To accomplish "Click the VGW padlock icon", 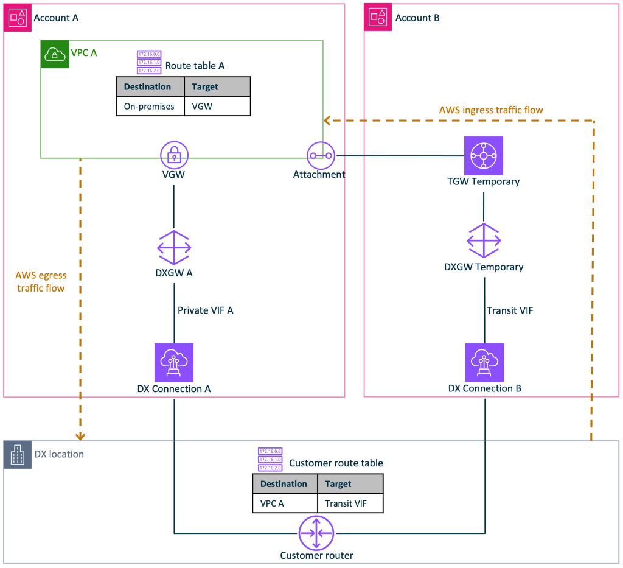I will (x=174, y=155).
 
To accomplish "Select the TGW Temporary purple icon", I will (x=484, y=156).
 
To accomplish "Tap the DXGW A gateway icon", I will (x=174, y=247).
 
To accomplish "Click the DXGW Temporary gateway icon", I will (x=484, y=240).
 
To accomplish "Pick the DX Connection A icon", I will (x=174, y=362).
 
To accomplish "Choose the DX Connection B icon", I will (x=484, y=362).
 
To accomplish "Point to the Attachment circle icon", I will (x=321, y=156).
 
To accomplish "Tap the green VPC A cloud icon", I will (x=55, y=55).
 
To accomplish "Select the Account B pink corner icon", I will (x=378, y=18).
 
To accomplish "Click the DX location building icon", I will (x=18, y=455).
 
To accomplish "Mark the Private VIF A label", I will (x=205, y=310).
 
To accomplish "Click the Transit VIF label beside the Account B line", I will (x=510, y=310).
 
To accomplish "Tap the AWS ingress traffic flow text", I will (x=490, y=110).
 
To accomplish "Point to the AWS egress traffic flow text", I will (x=41, y=282).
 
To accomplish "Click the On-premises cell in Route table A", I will (x=149, y=107).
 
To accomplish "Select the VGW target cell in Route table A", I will (x=202, y=107).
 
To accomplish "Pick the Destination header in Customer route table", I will (x=284, y=484).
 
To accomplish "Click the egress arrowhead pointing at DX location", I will (x=80, y=436).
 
